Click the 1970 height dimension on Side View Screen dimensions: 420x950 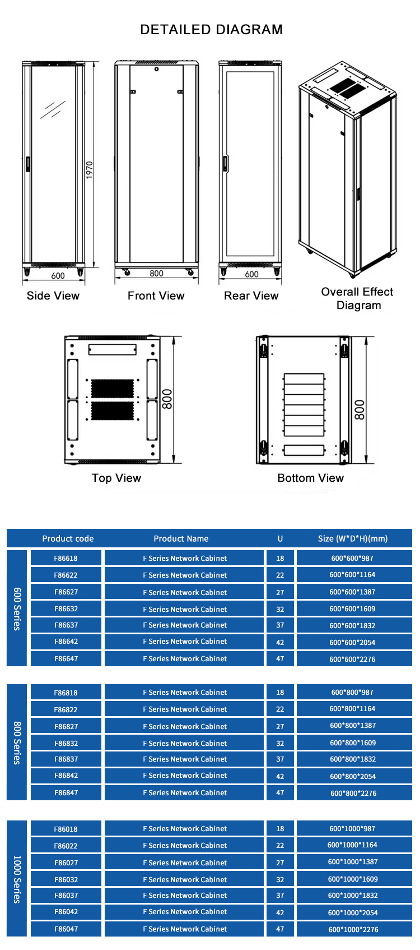(90, 169)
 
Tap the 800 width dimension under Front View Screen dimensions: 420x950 (156, 274)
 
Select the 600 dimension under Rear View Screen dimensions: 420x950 (251, 274)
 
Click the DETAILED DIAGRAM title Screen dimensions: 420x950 (211, 30)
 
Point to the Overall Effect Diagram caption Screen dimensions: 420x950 (357, 298)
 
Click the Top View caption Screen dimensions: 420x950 (116, 478)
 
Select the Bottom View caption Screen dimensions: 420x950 (310, 478)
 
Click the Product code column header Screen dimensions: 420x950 (68, 538)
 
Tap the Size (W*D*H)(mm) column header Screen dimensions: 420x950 (353, 538)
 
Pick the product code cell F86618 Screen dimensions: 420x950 (66, 558)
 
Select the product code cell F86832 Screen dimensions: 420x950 (66, 744)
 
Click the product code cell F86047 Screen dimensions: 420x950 (66, 929)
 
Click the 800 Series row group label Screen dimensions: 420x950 (17, 743)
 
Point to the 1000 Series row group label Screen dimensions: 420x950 (17, 879)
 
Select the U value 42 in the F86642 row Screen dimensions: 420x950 (280, 642)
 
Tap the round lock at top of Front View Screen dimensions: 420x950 (157, 69)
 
